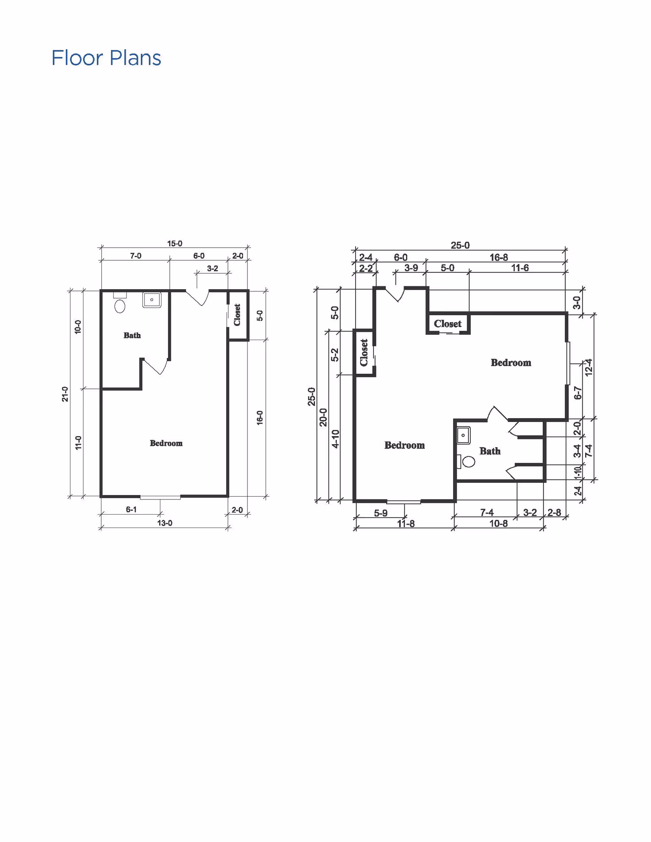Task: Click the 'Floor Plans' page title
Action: [x=106, y=58]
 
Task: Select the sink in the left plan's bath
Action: [x=152, y=300]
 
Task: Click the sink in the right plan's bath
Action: [x=463, y=435]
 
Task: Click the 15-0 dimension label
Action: [x=175, y=243]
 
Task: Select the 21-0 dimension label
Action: [x=65, y=394]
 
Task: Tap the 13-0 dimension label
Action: [x=165, y=523]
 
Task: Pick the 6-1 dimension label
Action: [x=131, y=509]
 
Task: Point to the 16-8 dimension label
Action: [x=498, y=257]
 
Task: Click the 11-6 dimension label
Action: [x=520, y=268]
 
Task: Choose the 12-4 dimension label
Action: [x=588, y=367]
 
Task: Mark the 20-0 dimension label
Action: [x=323, y=417]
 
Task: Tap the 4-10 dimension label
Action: [x=335, y=438]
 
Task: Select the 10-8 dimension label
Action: [x=498, y=523]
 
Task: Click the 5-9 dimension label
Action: [x=381, y=513]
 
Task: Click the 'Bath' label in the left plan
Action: [x=132, y=335]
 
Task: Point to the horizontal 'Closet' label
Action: [x=448, y=324]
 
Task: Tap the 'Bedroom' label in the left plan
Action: [x=166, y=443]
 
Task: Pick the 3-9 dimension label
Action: [x=411, y=268]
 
